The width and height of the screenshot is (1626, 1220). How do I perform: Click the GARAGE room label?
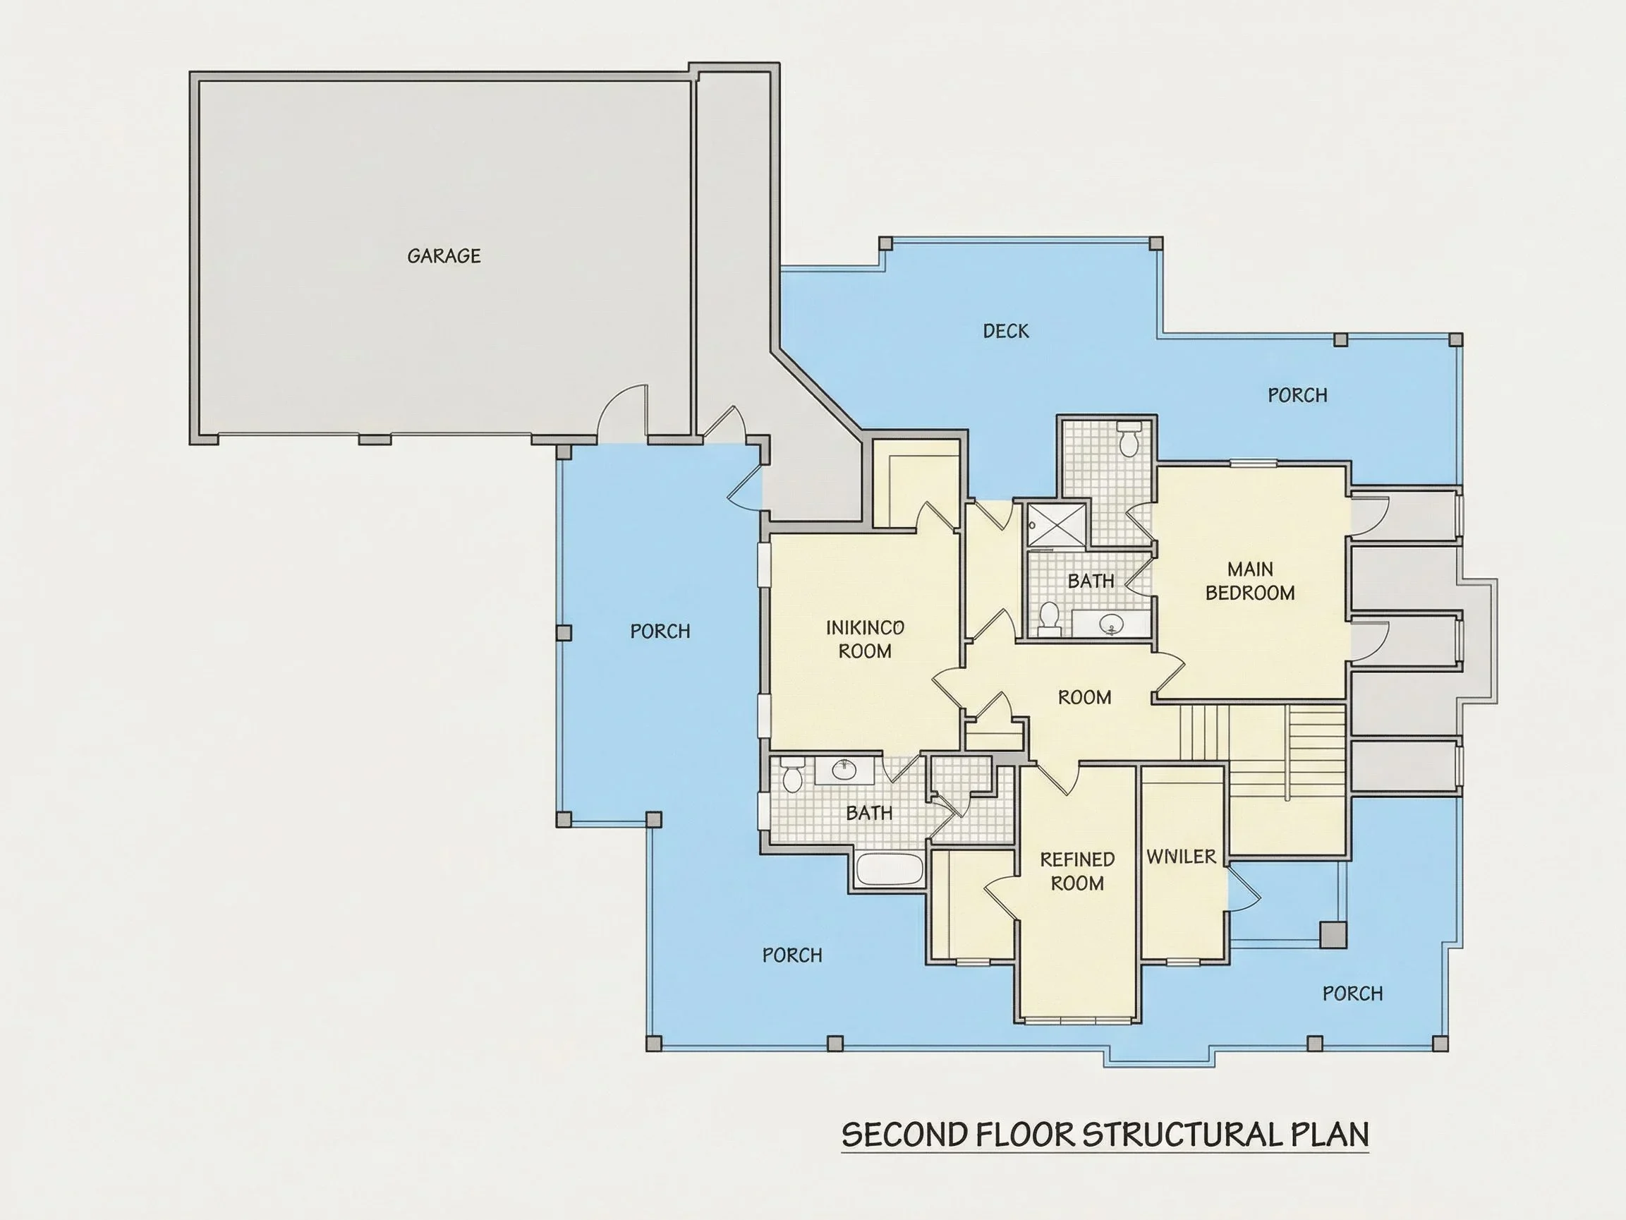(444, 256)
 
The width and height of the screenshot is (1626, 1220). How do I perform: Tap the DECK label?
(1006, 331)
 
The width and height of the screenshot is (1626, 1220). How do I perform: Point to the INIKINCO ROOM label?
(865, 639)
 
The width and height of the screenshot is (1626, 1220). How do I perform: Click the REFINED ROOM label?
(1077, 871)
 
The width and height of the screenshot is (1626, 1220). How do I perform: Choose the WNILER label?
(1182, 857)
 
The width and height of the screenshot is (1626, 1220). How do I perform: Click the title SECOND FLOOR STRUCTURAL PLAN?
(1105, 1135)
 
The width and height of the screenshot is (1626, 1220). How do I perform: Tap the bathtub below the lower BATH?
(890, 870)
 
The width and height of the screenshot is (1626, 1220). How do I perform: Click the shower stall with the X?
(1056, 524)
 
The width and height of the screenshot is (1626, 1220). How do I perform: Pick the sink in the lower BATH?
(844, 771)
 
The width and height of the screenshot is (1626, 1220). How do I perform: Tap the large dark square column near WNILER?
(1333, 936)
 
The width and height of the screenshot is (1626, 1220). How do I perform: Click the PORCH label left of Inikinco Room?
(660, 632)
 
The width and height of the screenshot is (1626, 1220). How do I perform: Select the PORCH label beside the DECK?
(1297, 396)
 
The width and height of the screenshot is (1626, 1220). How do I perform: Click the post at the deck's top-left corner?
(886, 243)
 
